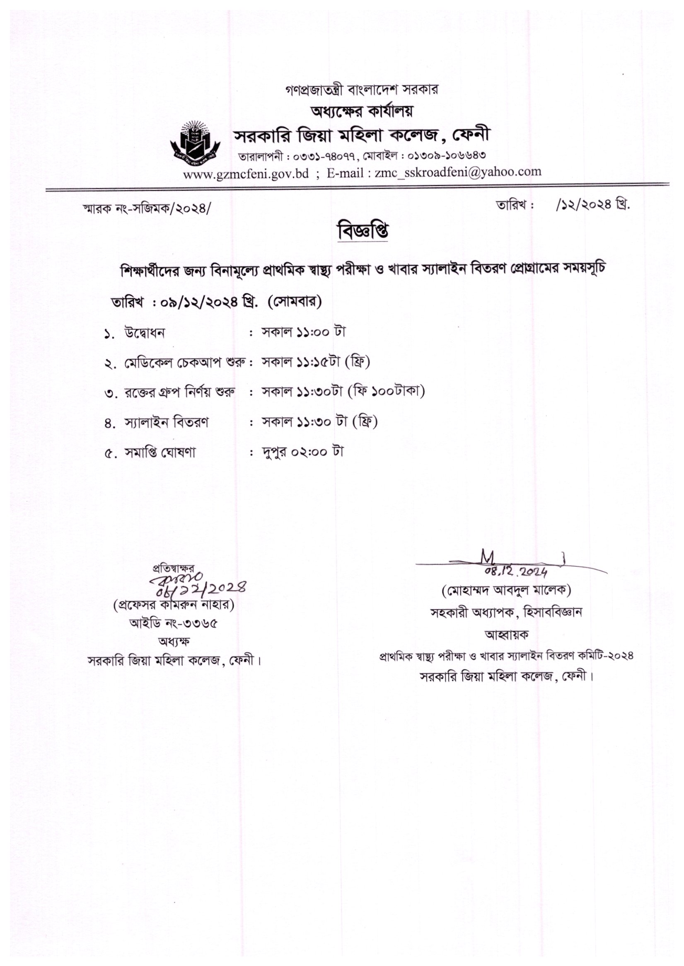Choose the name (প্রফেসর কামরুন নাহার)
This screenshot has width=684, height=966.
pos(174,606)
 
